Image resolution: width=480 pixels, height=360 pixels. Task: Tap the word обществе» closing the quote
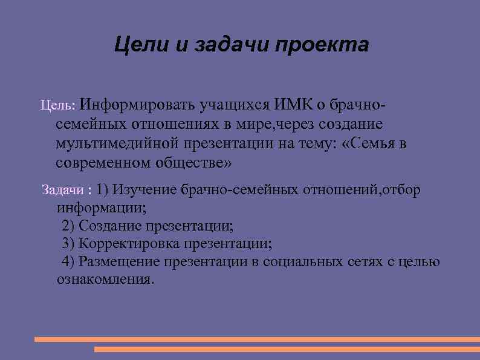[194, 163]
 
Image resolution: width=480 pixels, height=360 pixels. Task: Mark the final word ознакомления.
[105, 280]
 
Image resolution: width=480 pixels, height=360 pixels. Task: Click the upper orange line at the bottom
[257, 339]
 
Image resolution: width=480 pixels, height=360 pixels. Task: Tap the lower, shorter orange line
[287, 349]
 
